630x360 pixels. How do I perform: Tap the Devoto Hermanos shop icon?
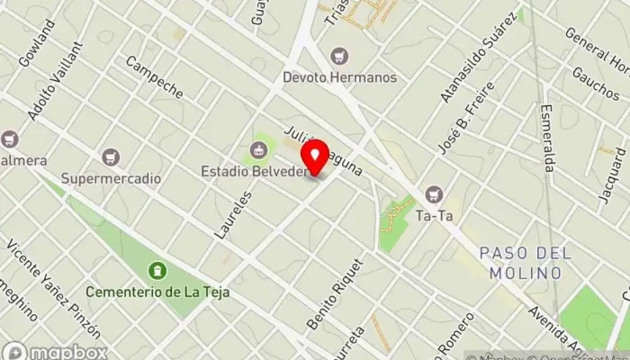pos(339,56)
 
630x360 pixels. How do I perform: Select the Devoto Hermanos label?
pos(339,77)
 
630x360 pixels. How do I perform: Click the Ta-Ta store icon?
pos(435,193)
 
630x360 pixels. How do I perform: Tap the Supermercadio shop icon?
pos(111,157)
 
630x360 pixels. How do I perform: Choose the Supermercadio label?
pos(111,178)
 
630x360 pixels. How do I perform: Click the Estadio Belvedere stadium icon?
pos(259,149)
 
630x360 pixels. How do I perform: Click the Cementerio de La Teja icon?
pos(158,270)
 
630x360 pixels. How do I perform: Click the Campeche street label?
pos(154,77)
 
